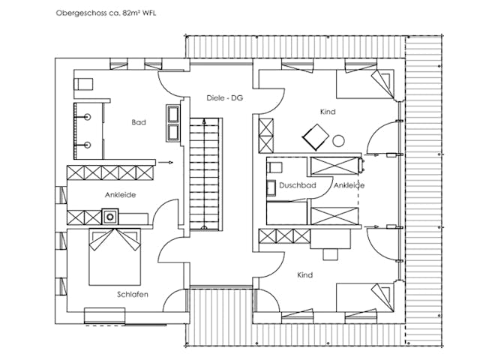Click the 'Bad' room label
click(x=139, y=122)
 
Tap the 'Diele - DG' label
click(x=225, y=98)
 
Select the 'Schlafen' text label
click(x=133, y=295)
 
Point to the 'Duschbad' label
click(x=298, y=185)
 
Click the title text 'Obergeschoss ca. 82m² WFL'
click(x=106, y=13)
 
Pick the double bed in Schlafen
click(x=115, y=256)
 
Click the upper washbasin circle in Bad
click(x=88, y=117)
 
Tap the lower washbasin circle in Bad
click(x=88, y=145)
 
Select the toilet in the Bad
click(x=83, y=84)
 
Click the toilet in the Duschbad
click(x=274, y=168)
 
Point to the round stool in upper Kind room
click(x=338, y=141)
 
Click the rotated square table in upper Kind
click(x=316, y=137)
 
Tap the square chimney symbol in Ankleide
click(x=110, y=217)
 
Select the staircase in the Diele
click(x=204, y=174)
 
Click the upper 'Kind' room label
click(x=328, y=112)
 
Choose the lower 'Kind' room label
click(x=305, y=275)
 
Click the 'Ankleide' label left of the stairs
click(x=120, y=195)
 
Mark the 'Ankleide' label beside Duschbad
click(x=349, y=185)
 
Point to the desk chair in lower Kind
click(x=330, y=254)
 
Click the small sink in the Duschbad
click(x=271, y=188)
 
